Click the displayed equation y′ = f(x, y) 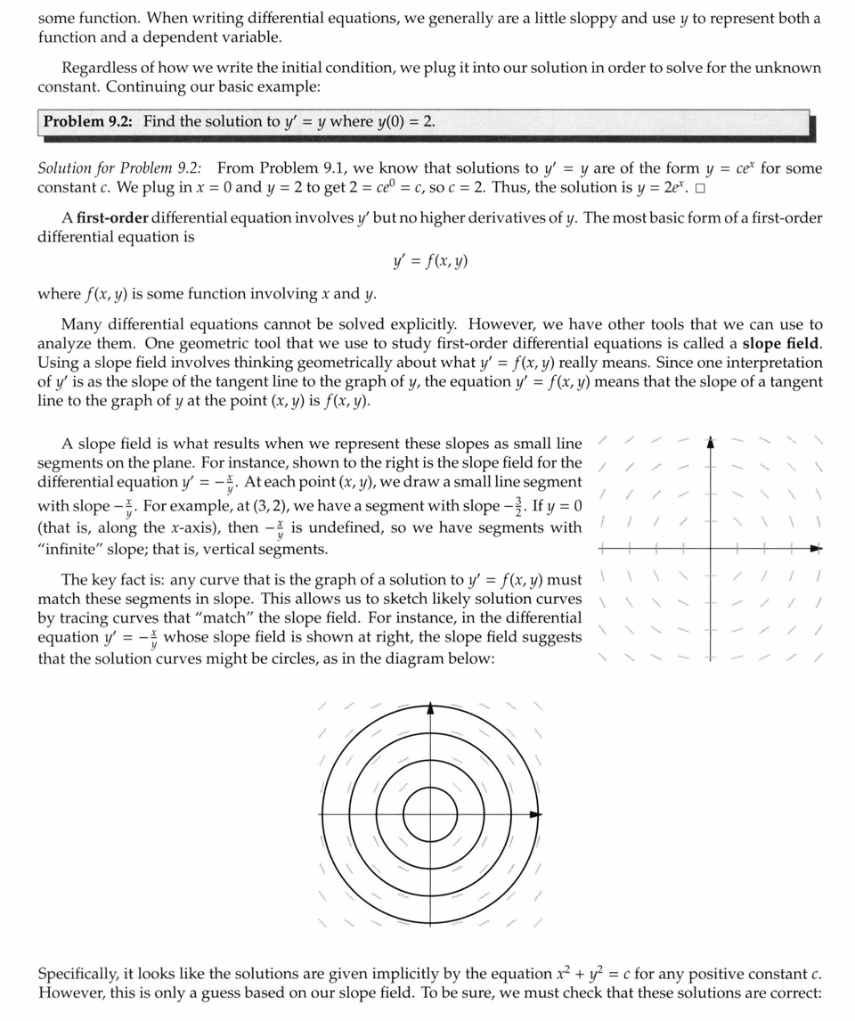tap(430, 261)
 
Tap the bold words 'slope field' tap(781, 343)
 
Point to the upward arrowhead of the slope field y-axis tap(710, 441)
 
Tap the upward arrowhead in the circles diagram tap(431, 709)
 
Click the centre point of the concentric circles tap(431, 814)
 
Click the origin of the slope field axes tap(710, 549)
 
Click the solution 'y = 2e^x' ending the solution tap(669, 187)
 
